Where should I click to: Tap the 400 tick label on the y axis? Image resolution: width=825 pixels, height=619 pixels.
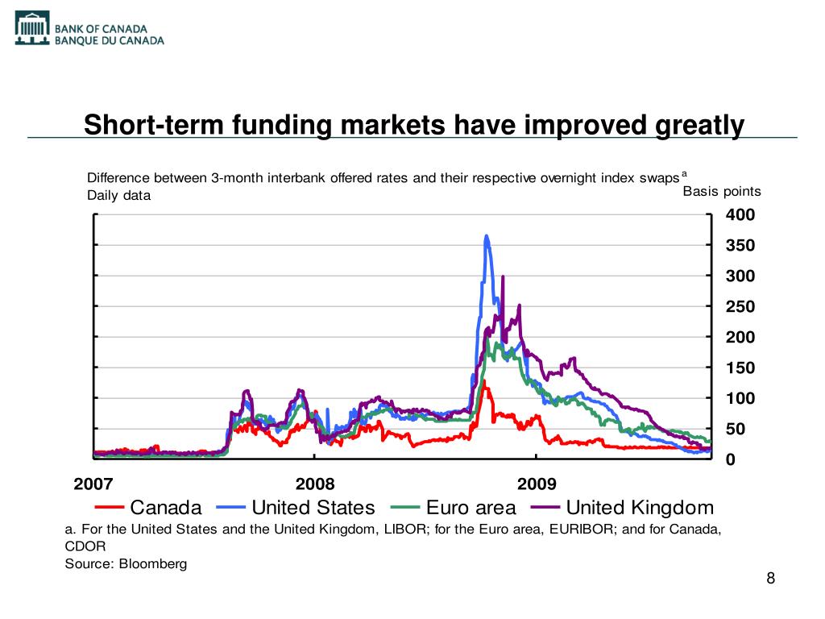pos(740,215)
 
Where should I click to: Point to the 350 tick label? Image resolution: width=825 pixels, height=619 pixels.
pos(740,246)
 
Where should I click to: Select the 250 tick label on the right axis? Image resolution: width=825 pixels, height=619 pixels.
pos(740,307)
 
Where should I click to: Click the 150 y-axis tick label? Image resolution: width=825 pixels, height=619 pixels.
pos(740,368)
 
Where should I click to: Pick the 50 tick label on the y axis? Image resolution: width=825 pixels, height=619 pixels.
pos(736,430)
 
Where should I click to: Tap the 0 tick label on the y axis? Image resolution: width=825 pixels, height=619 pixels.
pos(731,459)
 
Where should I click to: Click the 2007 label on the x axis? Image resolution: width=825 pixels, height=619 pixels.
pos(93,484)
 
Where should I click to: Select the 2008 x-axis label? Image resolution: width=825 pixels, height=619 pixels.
pos(315,484)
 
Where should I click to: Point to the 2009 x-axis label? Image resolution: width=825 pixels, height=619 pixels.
pos(537,484)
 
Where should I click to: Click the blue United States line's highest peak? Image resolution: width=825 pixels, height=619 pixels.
pos(487,236)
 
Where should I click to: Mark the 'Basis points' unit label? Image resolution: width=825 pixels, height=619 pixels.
pos(722,192)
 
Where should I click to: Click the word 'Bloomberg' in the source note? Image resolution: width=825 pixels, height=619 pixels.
pos(152,563)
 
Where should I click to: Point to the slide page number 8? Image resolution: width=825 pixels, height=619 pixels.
pos(771,579)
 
